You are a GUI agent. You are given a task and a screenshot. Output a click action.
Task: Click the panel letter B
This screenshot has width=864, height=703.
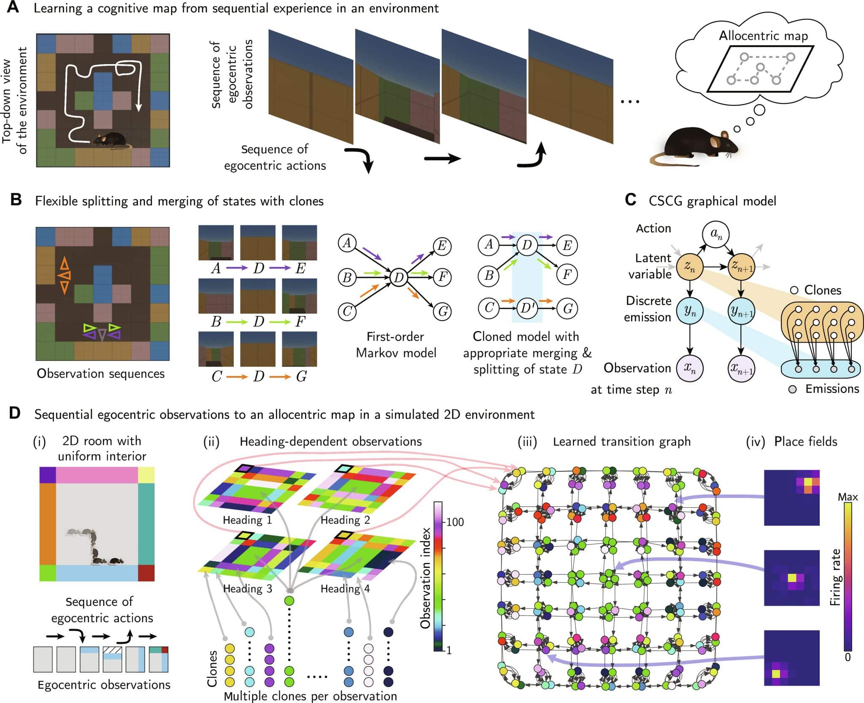tap(16, 200)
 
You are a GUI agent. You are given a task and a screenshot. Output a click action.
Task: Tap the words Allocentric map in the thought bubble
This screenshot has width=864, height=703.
tap(763, 36)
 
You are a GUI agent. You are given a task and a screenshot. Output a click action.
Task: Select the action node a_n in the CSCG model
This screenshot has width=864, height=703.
tap(716, 235)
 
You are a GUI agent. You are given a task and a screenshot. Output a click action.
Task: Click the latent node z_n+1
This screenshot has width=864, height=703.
tap(741, 267)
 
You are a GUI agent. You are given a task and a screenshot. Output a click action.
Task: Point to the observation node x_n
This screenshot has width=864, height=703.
tap(690, 368)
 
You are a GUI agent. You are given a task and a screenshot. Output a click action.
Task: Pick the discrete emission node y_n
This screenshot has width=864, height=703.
tap(690, 311)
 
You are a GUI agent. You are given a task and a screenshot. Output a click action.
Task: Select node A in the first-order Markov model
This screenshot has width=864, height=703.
tap(347, 243)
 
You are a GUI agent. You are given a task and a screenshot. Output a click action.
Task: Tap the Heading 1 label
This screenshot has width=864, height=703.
tap(247, 520)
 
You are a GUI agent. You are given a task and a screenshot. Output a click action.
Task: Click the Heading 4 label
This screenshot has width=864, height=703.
tap(345, 588)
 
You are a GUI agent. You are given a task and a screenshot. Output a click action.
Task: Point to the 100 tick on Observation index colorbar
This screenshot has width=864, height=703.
tap(455, 522)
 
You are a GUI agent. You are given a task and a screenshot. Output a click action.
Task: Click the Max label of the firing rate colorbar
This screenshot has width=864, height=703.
tap(848, 497)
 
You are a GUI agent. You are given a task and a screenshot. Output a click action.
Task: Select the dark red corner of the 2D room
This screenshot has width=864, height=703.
tap(146, 573)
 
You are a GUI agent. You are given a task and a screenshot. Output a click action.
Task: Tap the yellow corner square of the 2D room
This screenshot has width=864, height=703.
tap(146, 475)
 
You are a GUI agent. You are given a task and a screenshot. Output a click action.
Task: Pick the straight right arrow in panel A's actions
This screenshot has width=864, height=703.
tap(442, 159)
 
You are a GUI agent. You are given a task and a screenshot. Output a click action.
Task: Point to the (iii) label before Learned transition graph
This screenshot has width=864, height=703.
tap(527, 442)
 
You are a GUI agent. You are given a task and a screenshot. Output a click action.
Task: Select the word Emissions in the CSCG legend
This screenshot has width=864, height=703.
tap(832, 389)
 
